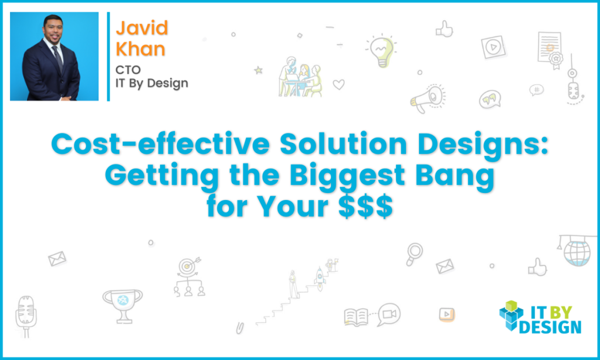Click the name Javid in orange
tap(142, 28)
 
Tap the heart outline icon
tap(339, 84)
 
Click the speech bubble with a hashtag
tap(536, 90)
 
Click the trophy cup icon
tap(122, 303)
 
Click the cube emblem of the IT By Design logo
tap(512, 317)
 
